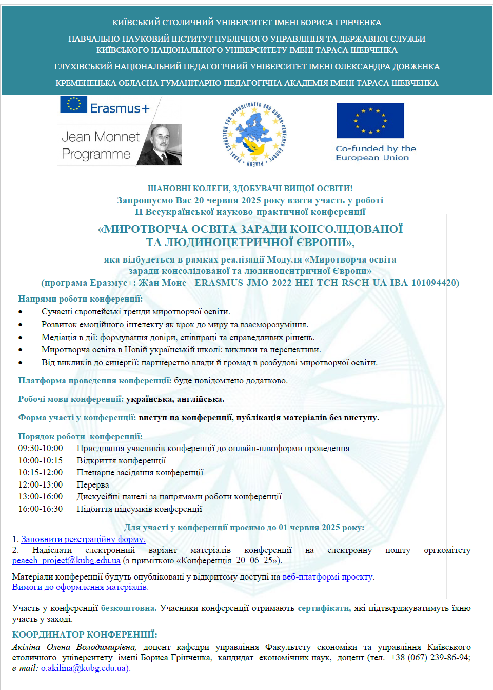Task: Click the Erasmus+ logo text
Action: coord(120,108)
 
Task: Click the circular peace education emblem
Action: coord(255,135)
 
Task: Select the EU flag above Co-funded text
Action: coord(370,121)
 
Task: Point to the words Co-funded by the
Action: coord(376,148)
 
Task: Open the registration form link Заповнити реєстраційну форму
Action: coord(83,539)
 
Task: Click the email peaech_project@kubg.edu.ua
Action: coord(66,560)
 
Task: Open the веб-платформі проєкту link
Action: coord(327,576)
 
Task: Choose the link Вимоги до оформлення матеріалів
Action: coord(81,587)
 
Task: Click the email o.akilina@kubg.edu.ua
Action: coord(85,668)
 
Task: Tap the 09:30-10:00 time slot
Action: coord(41,448)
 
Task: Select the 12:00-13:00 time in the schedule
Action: coord(41,484)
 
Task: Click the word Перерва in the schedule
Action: coord(93,484)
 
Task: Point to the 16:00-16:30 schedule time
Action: coord(41,509)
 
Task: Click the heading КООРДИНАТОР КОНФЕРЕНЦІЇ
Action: coord(85,635)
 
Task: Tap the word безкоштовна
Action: coord(128,608)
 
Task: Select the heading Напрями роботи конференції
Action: coord(81,299)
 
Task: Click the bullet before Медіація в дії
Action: coord(21,338)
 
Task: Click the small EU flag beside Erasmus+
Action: coord(73,104)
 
